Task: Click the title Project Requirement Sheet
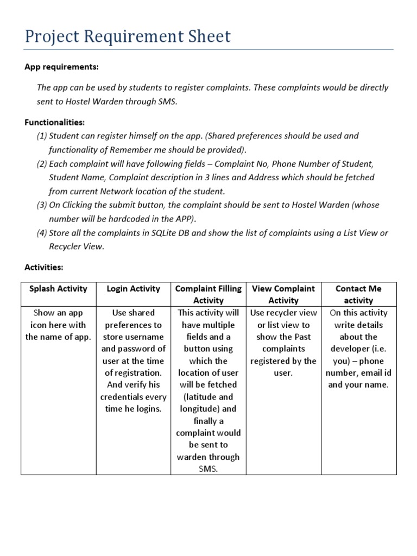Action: tap(128, 36)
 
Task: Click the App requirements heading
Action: tap(62, 67)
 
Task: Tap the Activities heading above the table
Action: tap(44, 267)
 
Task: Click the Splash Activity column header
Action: tap(58, 288)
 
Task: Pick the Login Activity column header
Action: tap(134, 288)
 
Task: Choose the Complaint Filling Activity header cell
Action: tap(208, 294)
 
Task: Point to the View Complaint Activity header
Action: tap(283, 294)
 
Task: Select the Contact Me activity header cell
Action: tap(359, 294)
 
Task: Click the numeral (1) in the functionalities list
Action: tap(42, 136)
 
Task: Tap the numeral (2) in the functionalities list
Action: tap(42, 163)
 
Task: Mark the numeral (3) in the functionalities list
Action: tap(42, 205)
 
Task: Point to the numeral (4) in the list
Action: tap(42, 233)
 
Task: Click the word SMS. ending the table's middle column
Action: tap(208, 469)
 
